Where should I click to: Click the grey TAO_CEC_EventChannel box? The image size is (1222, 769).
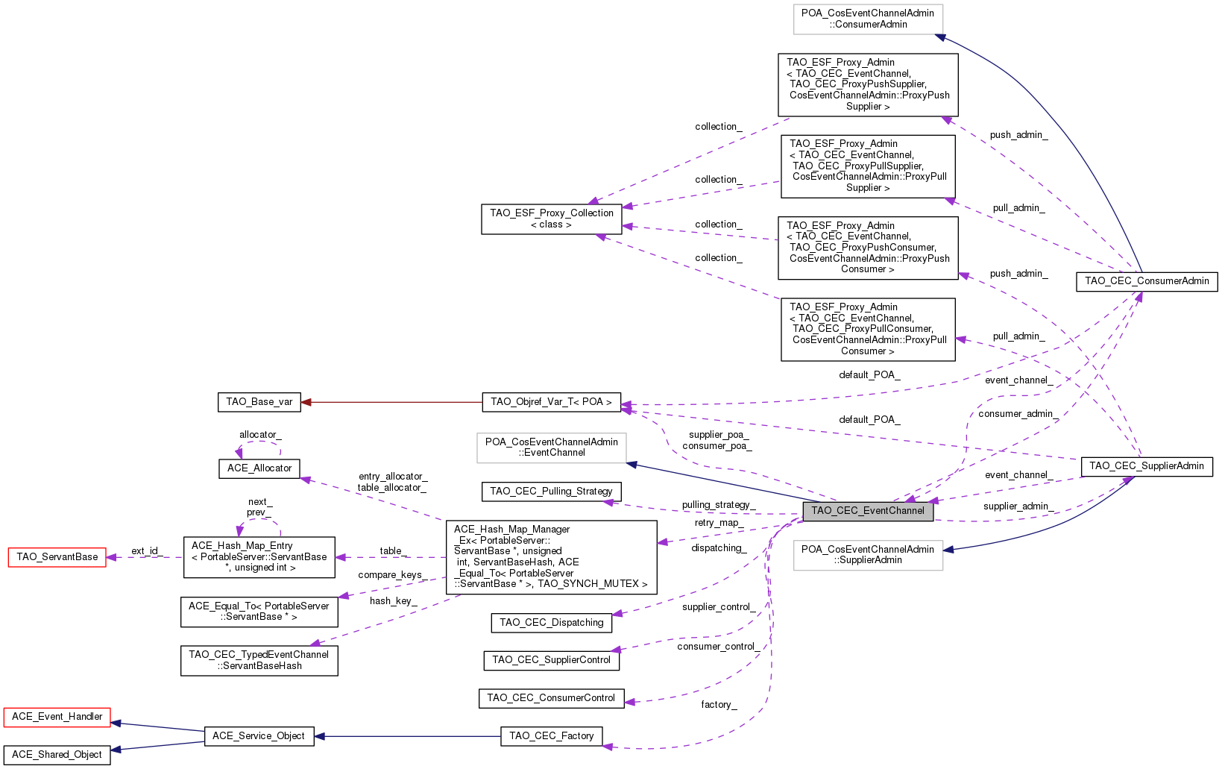(x=868, y=512)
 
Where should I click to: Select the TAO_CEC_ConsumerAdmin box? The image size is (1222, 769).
(x=1147, y=282)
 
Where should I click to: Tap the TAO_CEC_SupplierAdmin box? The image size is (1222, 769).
(x=1147, y=467)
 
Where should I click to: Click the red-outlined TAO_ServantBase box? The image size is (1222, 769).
(x=57, y=557)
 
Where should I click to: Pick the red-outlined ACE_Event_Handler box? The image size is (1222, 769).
(x=57, y=717)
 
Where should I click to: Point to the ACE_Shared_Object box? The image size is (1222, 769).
(x=57, y=756)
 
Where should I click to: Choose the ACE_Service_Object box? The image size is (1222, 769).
(x=259, y=736)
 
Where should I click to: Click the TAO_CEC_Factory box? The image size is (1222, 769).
(x=552, y=736)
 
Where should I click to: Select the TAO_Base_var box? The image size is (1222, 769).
(x=259, y=402)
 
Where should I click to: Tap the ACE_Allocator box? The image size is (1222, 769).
(x=259, y=469)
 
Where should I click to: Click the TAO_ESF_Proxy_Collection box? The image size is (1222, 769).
(x=552, y=219)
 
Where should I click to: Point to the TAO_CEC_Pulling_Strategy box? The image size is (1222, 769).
(x=552, y=492)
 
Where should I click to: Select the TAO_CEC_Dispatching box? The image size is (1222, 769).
(x=552, y=624)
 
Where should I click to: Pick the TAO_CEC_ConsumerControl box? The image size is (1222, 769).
(x=552, y=699)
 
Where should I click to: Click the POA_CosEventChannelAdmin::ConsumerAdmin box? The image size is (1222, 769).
(x=868, y=19)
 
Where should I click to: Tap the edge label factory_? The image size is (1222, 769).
(x=719, y=705)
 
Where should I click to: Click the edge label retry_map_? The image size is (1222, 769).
(x=719, y=524)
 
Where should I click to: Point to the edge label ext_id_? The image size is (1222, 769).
(x=147, y=551)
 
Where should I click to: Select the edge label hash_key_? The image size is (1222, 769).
(x=394, y=601)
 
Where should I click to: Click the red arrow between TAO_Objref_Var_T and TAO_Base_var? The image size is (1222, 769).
(x=391, y=402)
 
